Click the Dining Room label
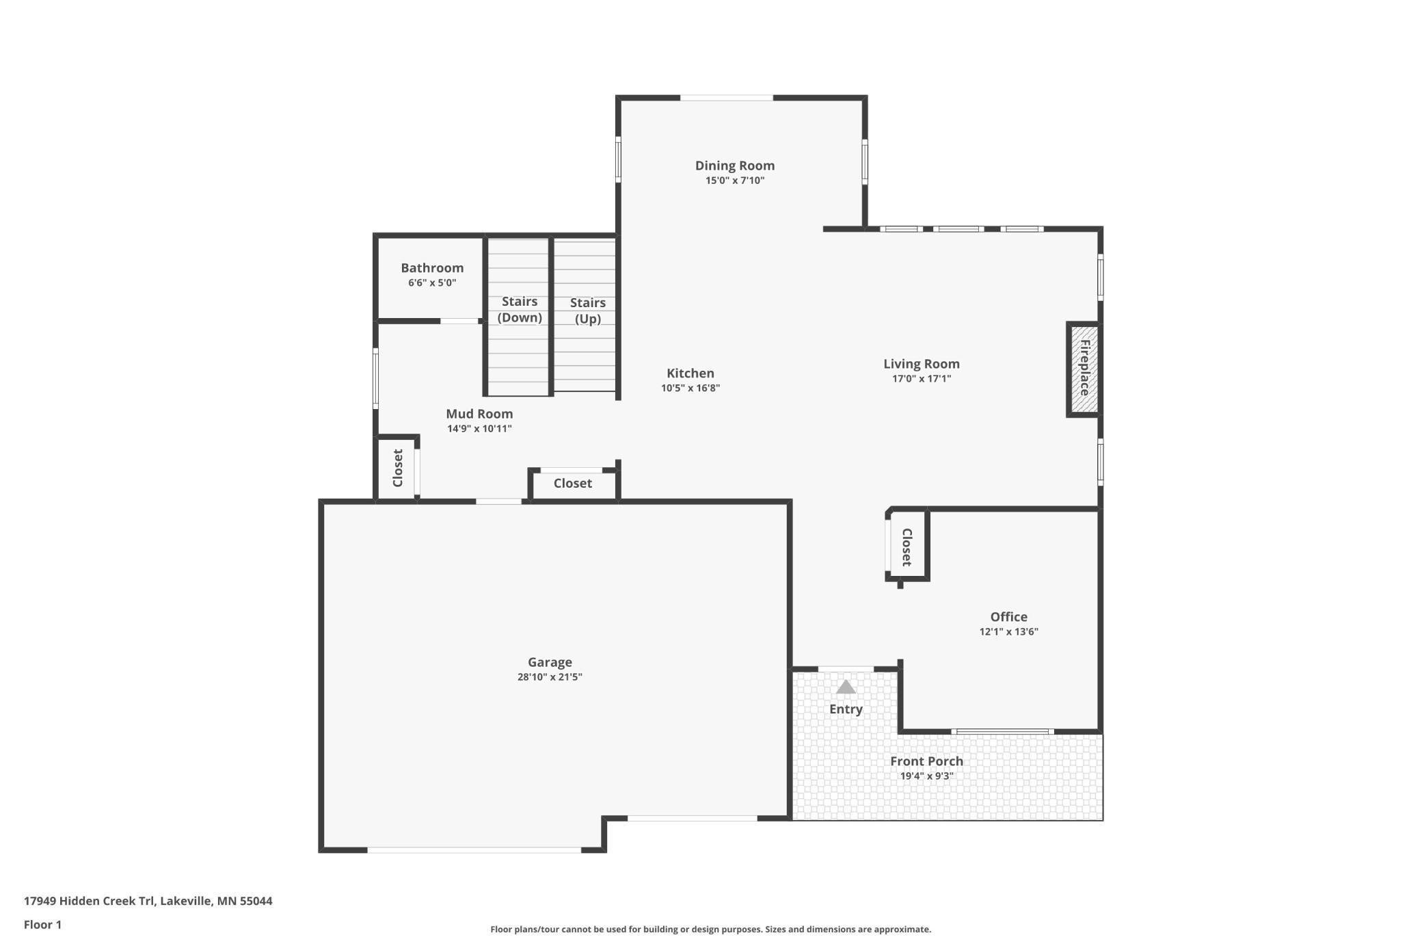point(734,166)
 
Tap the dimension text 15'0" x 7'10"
point(734,181)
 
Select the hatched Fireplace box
point(1084,369)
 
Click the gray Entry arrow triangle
point(846,687)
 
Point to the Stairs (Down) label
point(519,309)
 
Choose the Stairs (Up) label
point(587,311)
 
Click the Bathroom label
point(432,268)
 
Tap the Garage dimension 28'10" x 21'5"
point(549,677)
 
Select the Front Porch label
point(926,761)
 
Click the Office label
point(1008,617)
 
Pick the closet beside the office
point(907,547)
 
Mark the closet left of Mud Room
point(397,469)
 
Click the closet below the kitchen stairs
point(572,484)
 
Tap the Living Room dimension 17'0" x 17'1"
point(921,379)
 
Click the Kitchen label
point(690,373)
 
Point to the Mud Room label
point(479,414)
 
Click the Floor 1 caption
point(42,925)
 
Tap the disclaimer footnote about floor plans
point(710,929)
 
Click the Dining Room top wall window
point(726,98)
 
